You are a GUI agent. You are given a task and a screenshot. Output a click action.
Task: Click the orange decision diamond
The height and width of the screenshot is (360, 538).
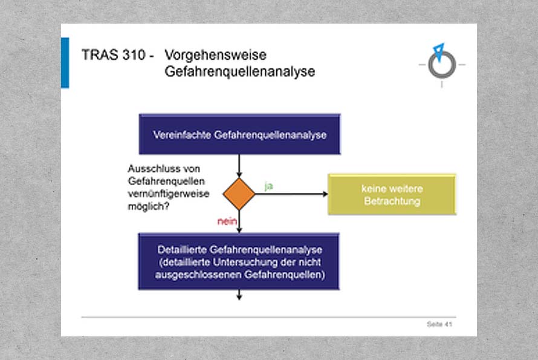[x=239, y=194]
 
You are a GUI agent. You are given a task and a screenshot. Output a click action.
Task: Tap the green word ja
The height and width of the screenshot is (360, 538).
[x=268, y=186]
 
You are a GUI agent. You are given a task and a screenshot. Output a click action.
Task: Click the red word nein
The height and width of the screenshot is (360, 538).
[x=227, y=221]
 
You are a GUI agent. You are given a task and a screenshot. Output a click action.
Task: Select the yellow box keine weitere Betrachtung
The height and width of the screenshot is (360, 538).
[x=392, y=194]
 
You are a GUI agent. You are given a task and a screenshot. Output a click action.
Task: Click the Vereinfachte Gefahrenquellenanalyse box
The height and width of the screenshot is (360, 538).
[x=239, y=134]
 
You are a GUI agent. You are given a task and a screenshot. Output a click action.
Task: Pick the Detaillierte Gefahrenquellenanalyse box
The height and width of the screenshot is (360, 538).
[x=239, y=262]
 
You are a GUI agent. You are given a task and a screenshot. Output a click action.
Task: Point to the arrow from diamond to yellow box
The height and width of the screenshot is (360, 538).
[x=291, y=194]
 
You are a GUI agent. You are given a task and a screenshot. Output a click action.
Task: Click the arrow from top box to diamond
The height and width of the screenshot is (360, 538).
[x=239, y=166]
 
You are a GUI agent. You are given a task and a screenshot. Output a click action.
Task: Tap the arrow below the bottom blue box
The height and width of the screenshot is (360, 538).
[x=239, y=295]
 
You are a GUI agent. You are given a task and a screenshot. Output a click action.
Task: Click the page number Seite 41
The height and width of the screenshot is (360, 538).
[x=439, y=324]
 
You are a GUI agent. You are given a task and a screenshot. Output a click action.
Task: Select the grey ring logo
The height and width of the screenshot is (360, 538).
[x=442, y=65]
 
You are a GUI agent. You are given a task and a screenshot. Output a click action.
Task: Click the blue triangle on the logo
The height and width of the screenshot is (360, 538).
[x=439, y=51]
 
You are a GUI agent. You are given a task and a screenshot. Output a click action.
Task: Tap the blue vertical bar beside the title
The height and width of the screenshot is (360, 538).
[x=65, y=63]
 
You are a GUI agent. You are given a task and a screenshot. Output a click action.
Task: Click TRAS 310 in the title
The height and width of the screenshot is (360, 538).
[x=114, y=55]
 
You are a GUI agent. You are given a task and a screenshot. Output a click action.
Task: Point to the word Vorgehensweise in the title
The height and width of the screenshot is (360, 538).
[x=215, y=55]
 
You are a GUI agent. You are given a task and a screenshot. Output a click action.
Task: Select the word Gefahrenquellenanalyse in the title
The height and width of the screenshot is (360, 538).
[x=240, y=71]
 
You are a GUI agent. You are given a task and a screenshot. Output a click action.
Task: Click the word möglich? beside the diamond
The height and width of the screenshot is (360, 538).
[x=149, y=206]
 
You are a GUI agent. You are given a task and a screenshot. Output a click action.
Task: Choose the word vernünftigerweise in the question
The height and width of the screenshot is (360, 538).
[x=169, y=194]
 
